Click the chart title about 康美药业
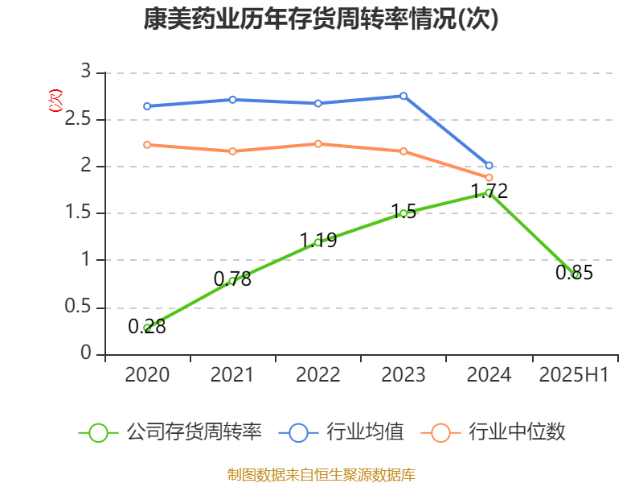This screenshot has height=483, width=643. pos(321,19)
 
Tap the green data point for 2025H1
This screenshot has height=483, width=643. pos(574,274)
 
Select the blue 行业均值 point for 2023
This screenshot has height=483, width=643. pos(403,96)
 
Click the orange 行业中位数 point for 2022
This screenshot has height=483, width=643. pos(318,144)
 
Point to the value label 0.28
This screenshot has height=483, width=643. pos(147,326)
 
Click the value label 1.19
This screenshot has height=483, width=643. pos(318,240)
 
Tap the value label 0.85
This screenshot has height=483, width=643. pos(574,273)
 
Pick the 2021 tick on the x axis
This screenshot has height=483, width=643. pos(232,375)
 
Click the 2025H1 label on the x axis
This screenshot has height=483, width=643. pos(574,375)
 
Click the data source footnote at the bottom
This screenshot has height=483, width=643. pos(321,474)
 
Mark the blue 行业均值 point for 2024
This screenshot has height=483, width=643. pos(489,165)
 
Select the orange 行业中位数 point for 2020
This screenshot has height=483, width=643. pos(147,145)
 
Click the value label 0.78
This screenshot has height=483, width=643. pos(232,279)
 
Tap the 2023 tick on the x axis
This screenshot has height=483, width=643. pos(403,375)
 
